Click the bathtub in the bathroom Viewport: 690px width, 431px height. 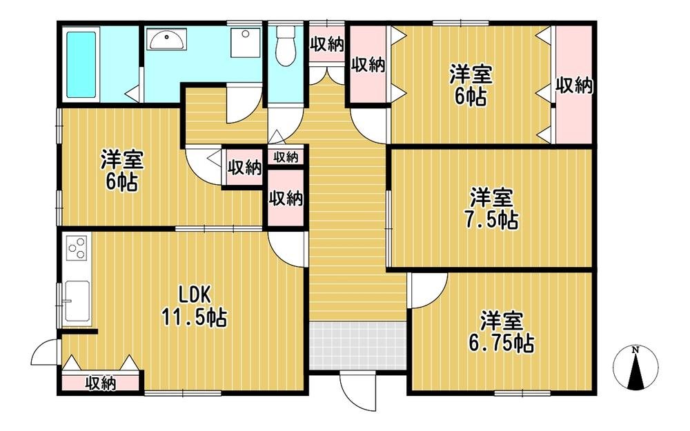81,65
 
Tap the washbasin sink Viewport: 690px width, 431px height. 167,39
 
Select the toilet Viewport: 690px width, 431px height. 286,46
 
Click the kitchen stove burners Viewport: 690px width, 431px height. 77,248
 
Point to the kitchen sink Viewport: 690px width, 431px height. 77,301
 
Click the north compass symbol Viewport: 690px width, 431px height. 635,366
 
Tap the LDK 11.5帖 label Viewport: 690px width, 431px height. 195,306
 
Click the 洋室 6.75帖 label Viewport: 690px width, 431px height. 502,332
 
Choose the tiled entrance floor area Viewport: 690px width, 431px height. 357,345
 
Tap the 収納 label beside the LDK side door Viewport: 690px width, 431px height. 101,383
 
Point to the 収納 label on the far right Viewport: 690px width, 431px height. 574,86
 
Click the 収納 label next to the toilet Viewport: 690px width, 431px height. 326,43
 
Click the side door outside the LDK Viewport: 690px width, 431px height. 44,352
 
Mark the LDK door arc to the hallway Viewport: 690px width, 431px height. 286,249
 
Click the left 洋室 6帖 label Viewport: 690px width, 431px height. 122,171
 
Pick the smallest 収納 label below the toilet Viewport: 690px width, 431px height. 286,157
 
